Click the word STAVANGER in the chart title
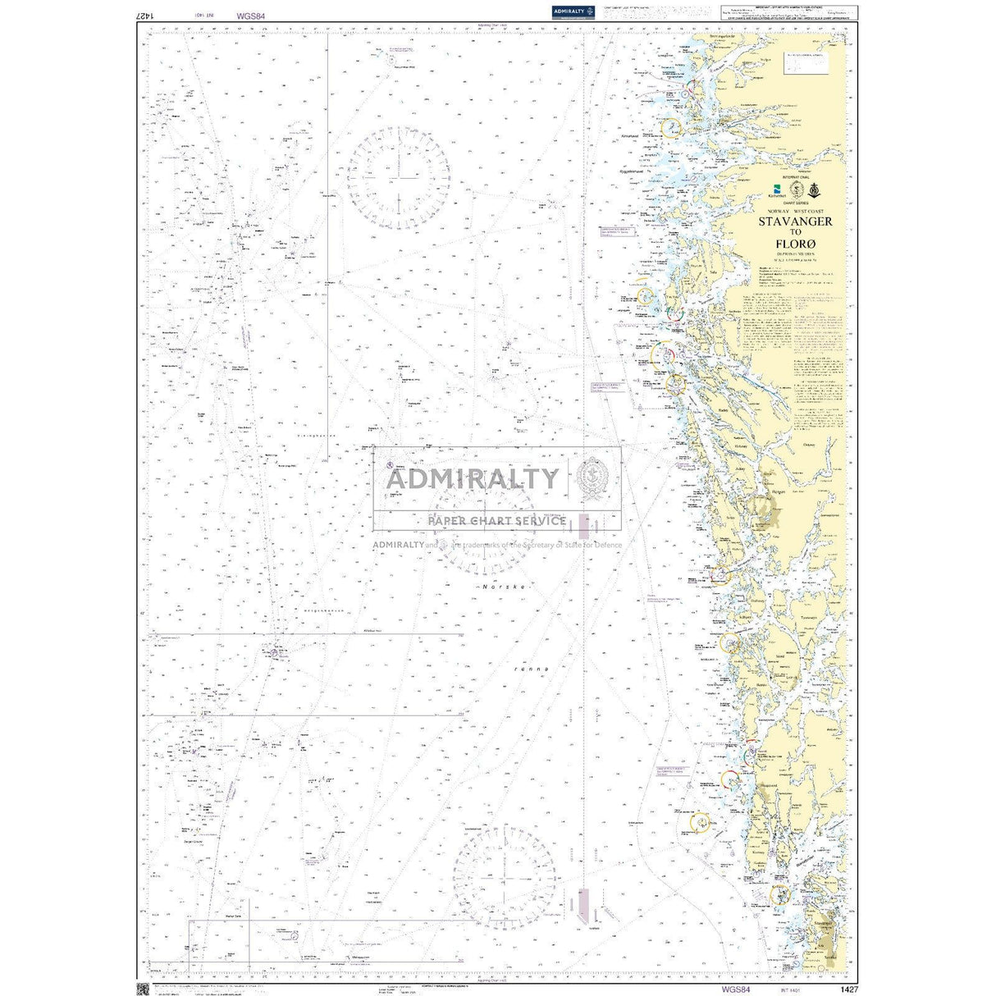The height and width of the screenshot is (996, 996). click(x=794, y=222)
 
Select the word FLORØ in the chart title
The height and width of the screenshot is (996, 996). click(x=794, y=244)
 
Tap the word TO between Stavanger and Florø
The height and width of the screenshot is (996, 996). click(x=794, y=232)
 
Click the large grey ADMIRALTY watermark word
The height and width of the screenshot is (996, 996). click(x=472, y=478)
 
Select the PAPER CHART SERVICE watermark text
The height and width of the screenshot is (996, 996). click(x=496, y=520)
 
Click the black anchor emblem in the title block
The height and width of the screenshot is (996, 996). click(x=814, y=190)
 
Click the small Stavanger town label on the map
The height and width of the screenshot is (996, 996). click(x=823, y=925)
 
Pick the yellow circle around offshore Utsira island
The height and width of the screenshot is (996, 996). click(x=700, y=822)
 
